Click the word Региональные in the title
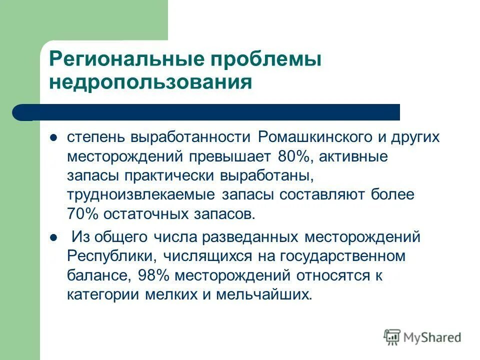(x=126, y=60)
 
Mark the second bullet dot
(x=53, y=237)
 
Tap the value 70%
(x=83, y=213)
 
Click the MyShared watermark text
(x=432, y=337)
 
